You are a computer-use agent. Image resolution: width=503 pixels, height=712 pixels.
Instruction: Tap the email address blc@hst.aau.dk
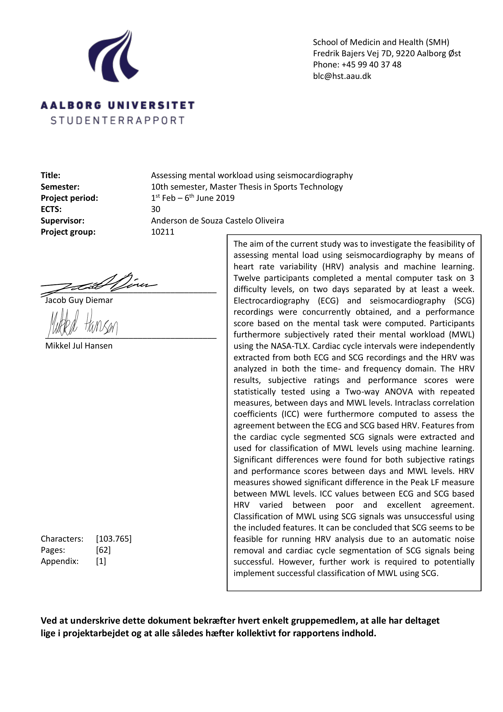click(342, 76)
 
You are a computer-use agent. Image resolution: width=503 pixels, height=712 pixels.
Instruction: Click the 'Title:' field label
click(50, 176)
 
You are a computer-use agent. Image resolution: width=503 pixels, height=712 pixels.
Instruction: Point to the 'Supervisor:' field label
click(62, 221)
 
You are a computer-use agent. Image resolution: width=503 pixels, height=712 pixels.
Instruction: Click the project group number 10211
click(163, 232)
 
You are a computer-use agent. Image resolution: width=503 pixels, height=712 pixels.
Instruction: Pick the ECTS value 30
click(156, 209)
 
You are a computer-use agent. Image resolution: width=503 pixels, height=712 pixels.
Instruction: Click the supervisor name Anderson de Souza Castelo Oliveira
click(217, 221)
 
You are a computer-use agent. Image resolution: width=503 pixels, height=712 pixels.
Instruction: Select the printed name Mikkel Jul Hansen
click(79, 346)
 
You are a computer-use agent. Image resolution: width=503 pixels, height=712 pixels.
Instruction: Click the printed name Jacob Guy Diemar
click(79, 300)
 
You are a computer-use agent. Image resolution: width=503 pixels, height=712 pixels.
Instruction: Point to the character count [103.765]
click(114, 539)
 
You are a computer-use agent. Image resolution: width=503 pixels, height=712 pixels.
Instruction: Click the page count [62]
click(103, 550)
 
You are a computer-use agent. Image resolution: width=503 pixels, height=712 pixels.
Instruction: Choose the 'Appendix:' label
click(60, 561)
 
